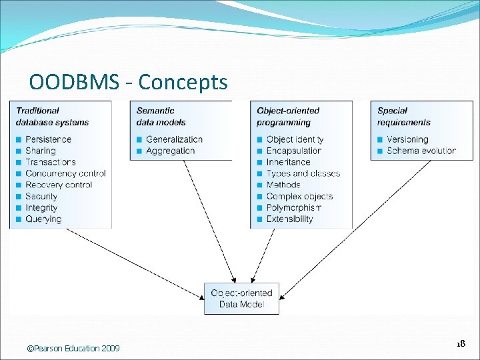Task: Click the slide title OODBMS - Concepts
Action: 128,82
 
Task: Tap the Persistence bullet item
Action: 49,139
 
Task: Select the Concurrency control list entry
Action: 65,173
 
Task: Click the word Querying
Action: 43,219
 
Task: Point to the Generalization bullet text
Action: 174,139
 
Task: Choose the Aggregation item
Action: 170,151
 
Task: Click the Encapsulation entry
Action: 294,151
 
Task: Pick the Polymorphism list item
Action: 294,208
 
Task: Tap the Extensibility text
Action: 289,219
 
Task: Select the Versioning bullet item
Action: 407,139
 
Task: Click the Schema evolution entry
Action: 421,151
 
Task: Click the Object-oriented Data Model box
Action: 241,299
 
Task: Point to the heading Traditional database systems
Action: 53,117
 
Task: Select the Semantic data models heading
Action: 161,117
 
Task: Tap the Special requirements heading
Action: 404,117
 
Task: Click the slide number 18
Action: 461,343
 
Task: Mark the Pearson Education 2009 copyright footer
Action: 73,349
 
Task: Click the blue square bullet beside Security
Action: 19,197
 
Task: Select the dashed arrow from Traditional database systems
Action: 135,264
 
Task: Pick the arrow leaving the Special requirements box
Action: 355,230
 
